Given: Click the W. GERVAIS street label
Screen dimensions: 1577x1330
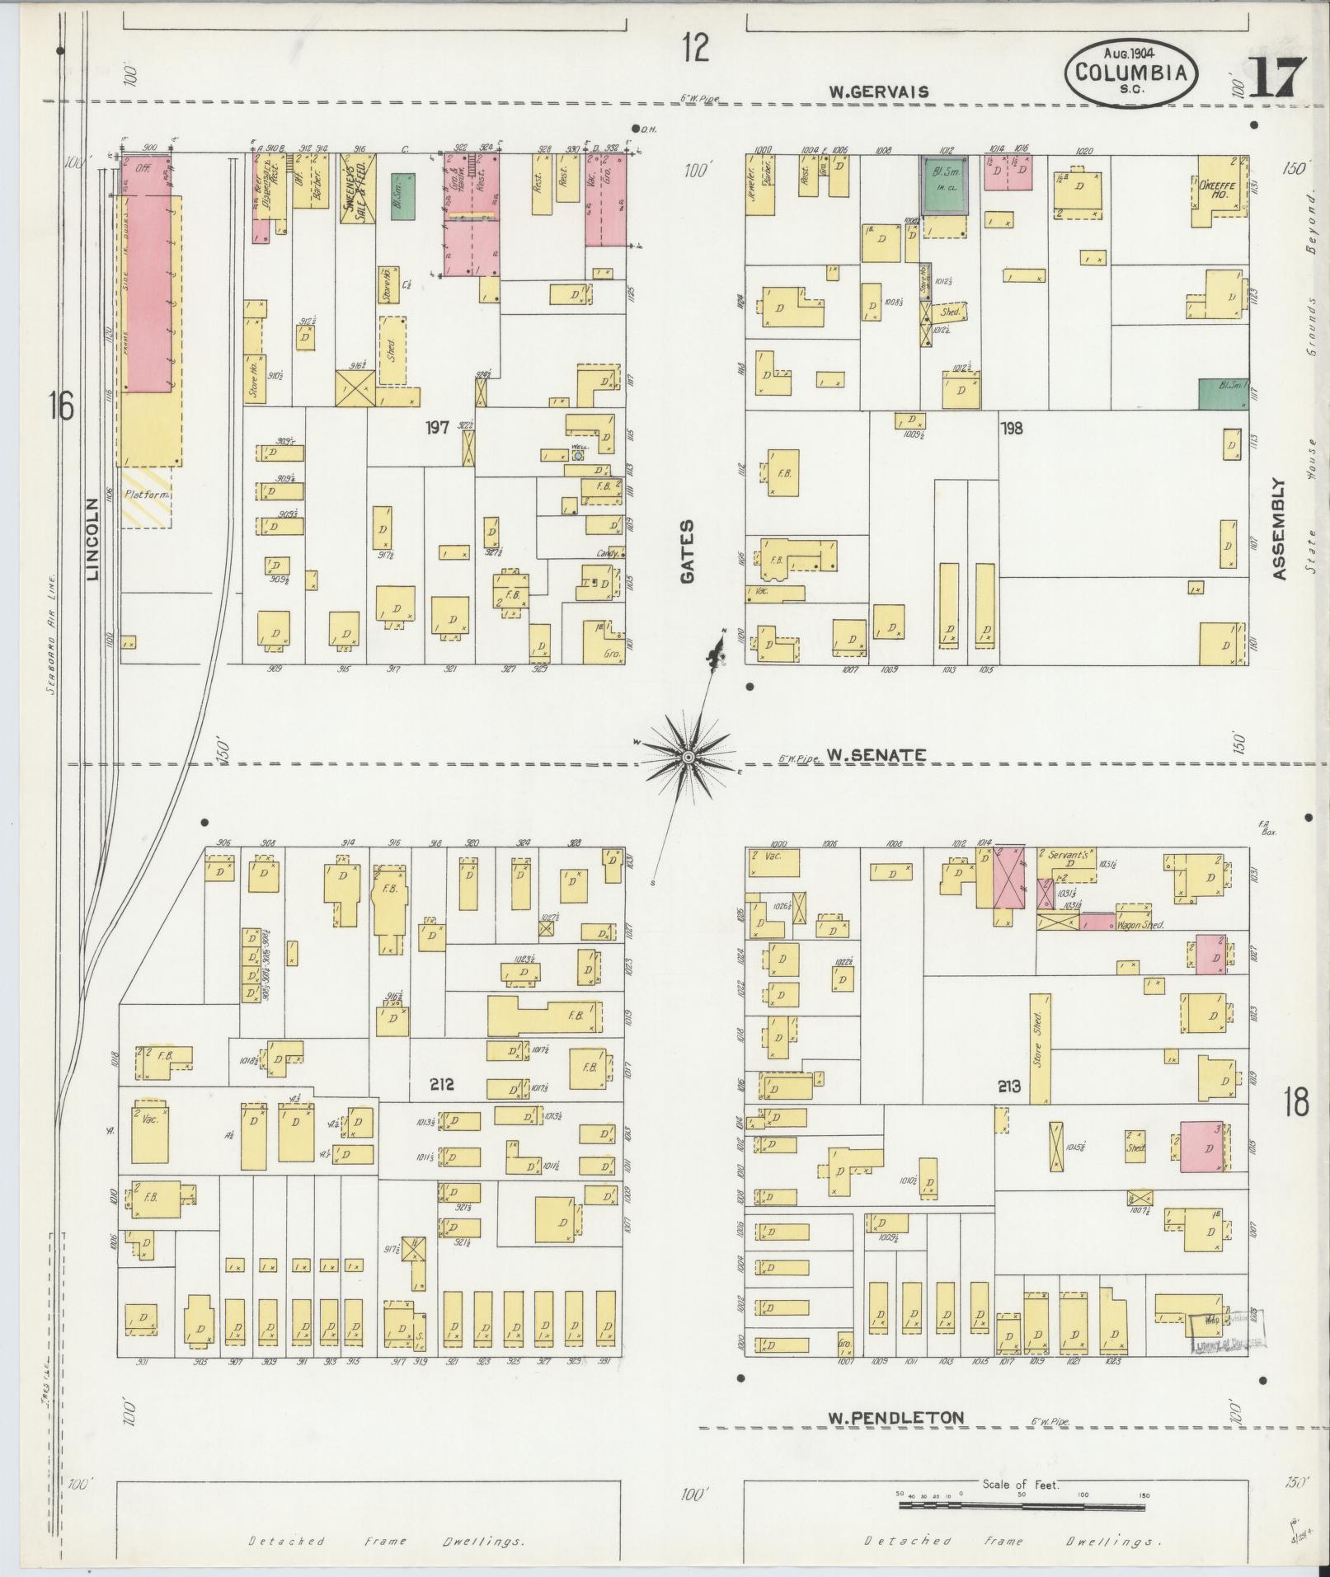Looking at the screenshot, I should [x=878, y=92].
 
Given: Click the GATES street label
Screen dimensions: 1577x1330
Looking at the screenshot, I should [x=688, y=551].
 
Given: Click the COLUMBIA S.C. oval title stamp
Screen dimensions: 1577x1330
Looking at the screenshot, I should [x=1131, y=74].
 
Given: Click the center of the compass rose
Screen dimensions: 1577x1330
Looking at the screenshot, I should [x=688, y=756].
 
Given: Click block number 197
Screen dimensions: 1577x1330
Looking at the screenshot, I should [x=437, y=427].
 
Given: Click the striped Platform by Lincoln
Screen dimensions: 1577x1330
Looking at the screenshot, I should [x=147, y=496].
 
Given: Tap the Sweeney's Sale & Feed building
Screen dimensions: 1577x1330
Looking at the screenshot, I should [x=359, y=190].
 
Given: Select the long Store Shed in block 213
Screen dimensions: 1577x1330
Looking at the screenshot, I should [x=1040, y=1048].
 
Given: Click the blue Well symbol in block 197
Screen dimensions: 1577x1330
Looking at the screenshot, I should [x=578, y=454].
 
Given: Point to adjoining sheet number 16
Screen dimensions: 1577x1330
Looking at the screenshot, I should [x=60, y=406].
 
